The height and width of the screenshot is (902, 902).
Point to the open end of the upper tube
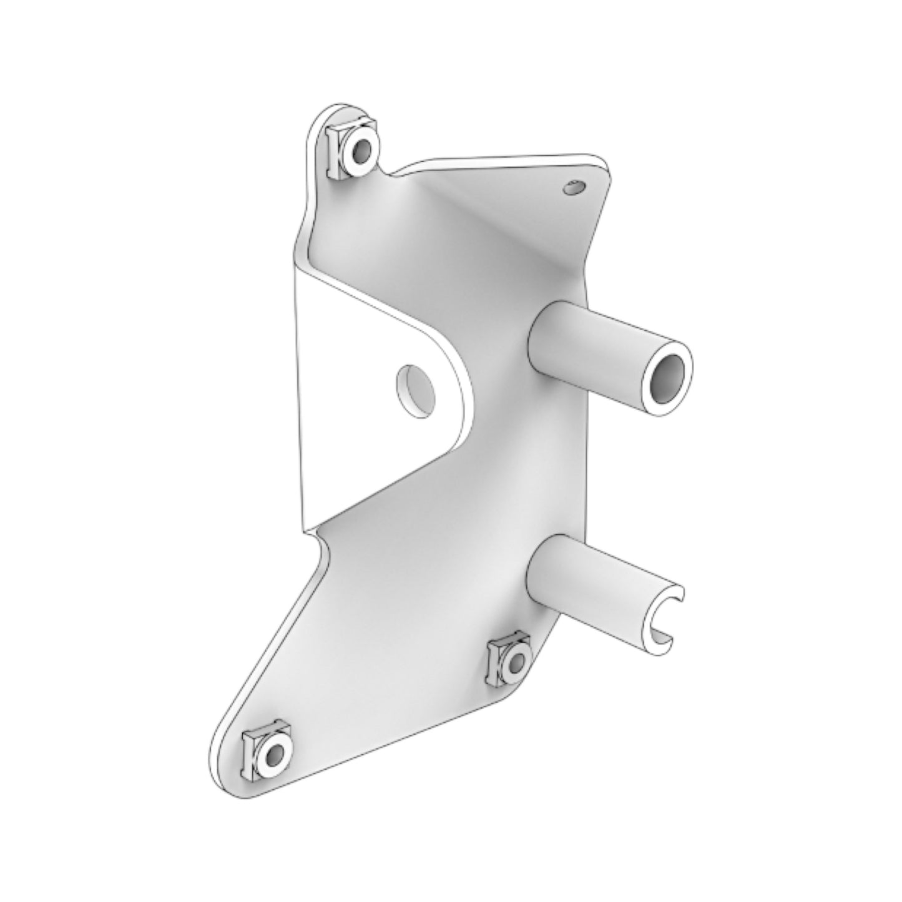point(667,377)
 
